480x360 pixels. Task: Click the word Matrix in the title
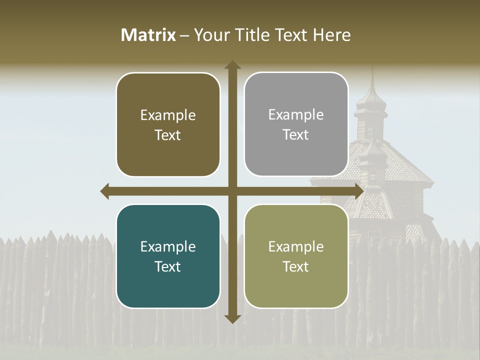[148, 35]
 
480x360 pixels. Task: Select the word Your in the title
[210, 35]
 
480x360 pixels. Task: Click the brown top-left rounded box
[168, 124]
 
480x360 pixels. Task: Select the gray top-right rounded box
[296, 124]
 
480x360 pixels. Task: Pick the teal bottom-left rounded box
[168, 256]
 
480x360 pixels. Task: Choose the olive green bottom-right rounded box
[296, 256]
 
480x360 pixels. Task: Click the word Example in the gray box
[296, 114]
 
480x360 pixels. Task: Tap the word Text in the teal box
[167, 266]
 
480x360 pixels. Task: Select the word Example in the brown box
[168, 115]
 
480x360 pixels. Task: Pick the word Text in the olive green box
[295, 266]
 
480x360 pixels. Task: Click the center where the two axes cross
[232, 191]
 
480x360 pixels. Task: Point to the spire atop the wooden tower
[372, 82]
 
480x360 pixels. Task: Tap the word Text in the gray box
[295, 134]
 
